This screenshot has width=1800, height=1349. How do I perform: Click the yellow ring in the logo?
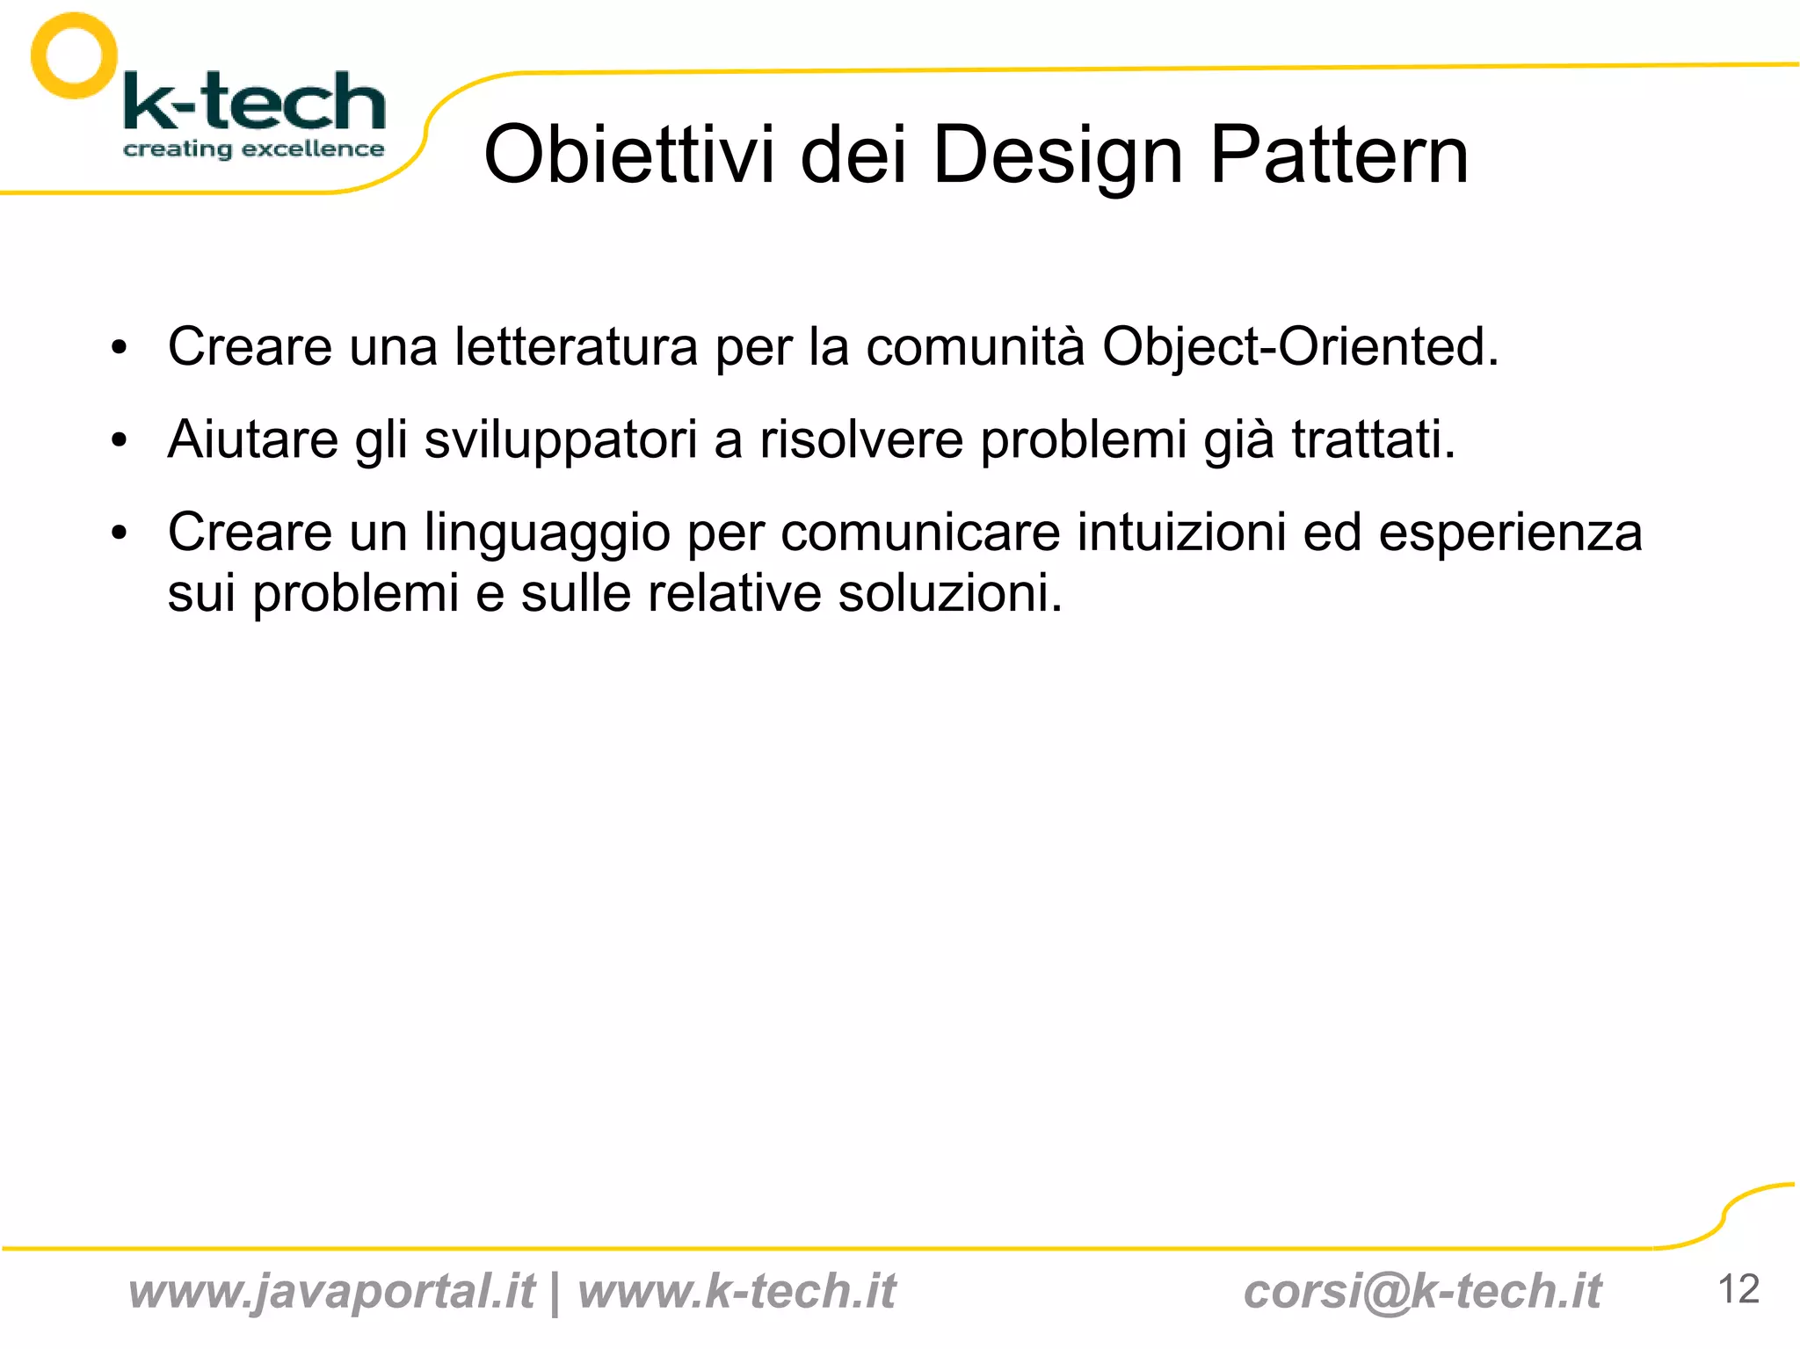click(x=74, y=54)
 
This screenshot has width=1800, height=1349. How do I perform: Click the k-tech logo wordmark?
click(x=255, y=102)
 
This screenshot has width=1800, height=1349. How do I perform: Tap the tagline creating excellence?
click(x=253, y=149)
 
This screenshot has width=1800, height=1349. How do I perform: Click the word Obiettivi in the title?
click(x=629, y=155)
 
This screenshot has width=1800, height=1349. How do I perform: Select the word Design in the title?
click(x=1057, y=155)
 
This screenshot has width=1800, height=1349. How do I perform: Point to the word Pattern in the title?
click(x=1339, y=155)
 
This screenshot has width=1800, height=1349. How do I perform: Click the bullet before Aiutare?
click(x=120, y=439)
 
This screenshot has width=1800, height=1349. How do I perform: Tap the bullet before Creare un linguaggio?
click(x=120, y=533)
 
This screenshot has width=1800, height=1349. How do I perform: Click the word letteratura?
click(x=576, y=346)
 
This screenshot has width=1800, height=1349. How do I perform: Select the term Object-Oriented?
click(x=1300, y=346)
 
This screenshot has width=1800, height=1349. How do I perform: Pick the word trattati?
click(x=1373, y=439)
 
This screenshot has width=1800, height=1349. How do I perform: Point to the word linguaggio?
click(x=547, y=533)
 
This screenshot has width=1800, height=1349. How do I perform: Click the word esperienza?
click(x=1510, y=533)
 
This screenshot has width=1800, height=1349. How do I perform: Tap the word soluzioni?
click(x=949, y=593)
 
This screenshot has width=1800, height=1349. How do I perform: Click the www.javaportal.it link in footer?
click(x=331, y=1291)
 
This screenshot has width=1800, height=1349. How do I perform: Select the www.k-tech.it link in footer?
click(x=737, y=1291)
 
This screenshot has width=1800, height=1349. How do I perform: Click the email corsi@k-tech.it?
click(x=1422, y=1291)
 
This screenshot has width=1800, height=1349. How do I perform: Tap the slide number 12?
click(x=1738, y=1289)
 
